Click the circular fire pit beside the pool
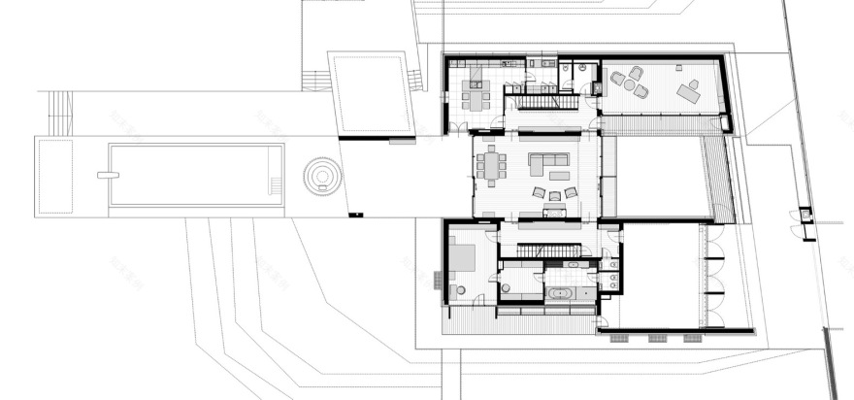coord(322,176)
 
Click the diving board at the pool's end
coord(106,175)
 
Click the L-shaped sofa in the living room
coord(549,160)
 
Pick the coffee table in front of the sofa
coord(559,176)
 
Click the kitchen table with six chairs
coord(475,98)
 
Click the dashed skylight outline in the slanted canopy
coord(372,94)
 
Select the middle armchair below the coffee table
coord(554,195)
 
